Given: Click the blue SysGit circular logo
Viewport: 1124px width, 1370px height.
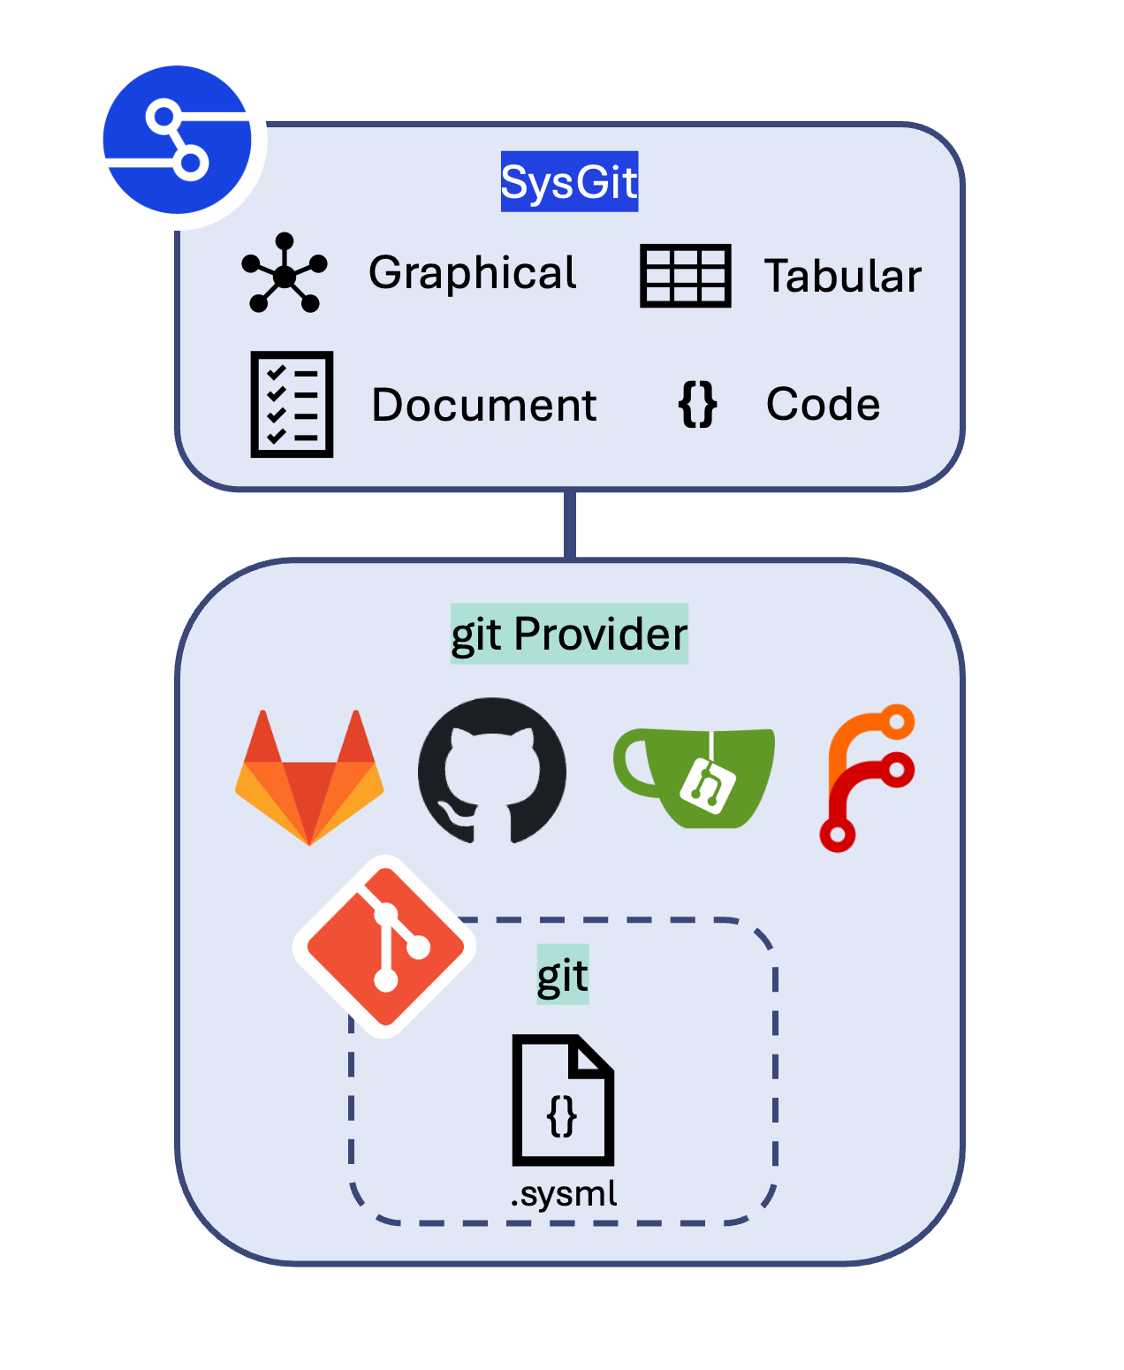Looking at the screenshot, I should (178, 140).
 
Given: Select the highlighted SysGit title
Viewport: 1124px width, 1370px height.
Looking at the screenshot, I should (569, 182).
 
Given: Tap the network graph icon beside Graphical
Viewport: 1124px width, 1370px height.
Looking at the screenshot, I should (285, 273).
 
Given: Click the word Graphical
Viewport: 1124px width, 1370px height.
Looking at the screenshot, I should (473, 273).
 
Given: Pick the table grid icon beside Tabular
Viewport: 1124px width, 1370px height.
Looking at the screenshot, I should (685, 276).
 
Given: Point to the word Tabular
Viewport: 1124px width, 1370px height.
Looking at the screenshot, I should (842, 276).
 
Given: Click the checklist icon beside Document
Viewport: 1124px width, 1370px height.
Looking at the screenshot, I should (292, 404).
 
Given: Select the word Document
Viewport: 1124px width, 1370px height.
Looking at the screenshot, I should (484, 405).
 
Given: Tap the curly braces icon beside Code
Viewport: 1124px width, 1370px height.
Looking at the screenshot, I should (697, 405).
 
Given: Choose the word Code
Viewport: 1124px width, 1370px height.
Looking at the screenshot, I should (823, 404).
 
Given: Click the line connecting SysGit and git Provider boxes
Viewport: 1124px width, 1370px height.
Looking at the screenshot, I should (570, 524).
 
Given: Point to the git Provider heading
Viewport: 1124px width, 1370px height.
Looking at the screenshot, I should (569, 634).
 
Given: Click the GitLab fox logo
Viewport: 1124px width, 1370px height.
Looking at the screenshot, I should (309, 778).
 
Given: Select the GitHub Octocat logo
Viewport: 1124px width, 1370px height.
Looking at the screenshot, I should (492, 772).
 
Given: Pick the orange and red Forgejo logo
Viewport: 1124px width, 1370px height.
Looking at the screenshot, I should (867, 778).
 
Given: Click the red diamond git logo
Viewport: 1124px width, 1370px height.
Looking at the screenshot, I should (384, 947).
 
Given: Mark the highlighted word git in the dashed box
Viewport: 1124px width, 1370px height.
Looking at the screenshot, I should (563, 976).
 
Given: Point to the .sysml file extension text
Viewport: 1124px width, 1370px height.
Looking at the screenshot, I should (564, 1194).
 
